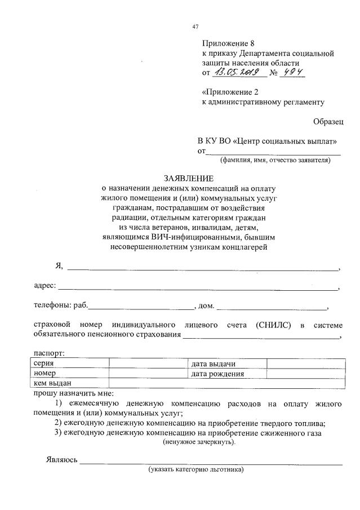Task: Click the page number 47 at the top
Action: pyautogui.click(x=195, y=26)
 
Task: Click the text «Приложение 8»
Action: pyautogui.click(x=225, y=43)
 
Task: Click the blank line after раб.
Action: pyautogui.click(x=141, y=307)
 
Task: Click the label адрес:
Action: pyautogui.click(x=45, y=285)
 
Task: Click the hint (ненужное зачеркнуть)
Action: pyautogui.click(x=200, y=442)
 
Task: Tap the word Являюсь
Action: pyautogui.click(x=61, y=460)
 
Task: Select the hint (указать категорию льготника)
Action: pyautogui.click(x=195, y=469)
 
